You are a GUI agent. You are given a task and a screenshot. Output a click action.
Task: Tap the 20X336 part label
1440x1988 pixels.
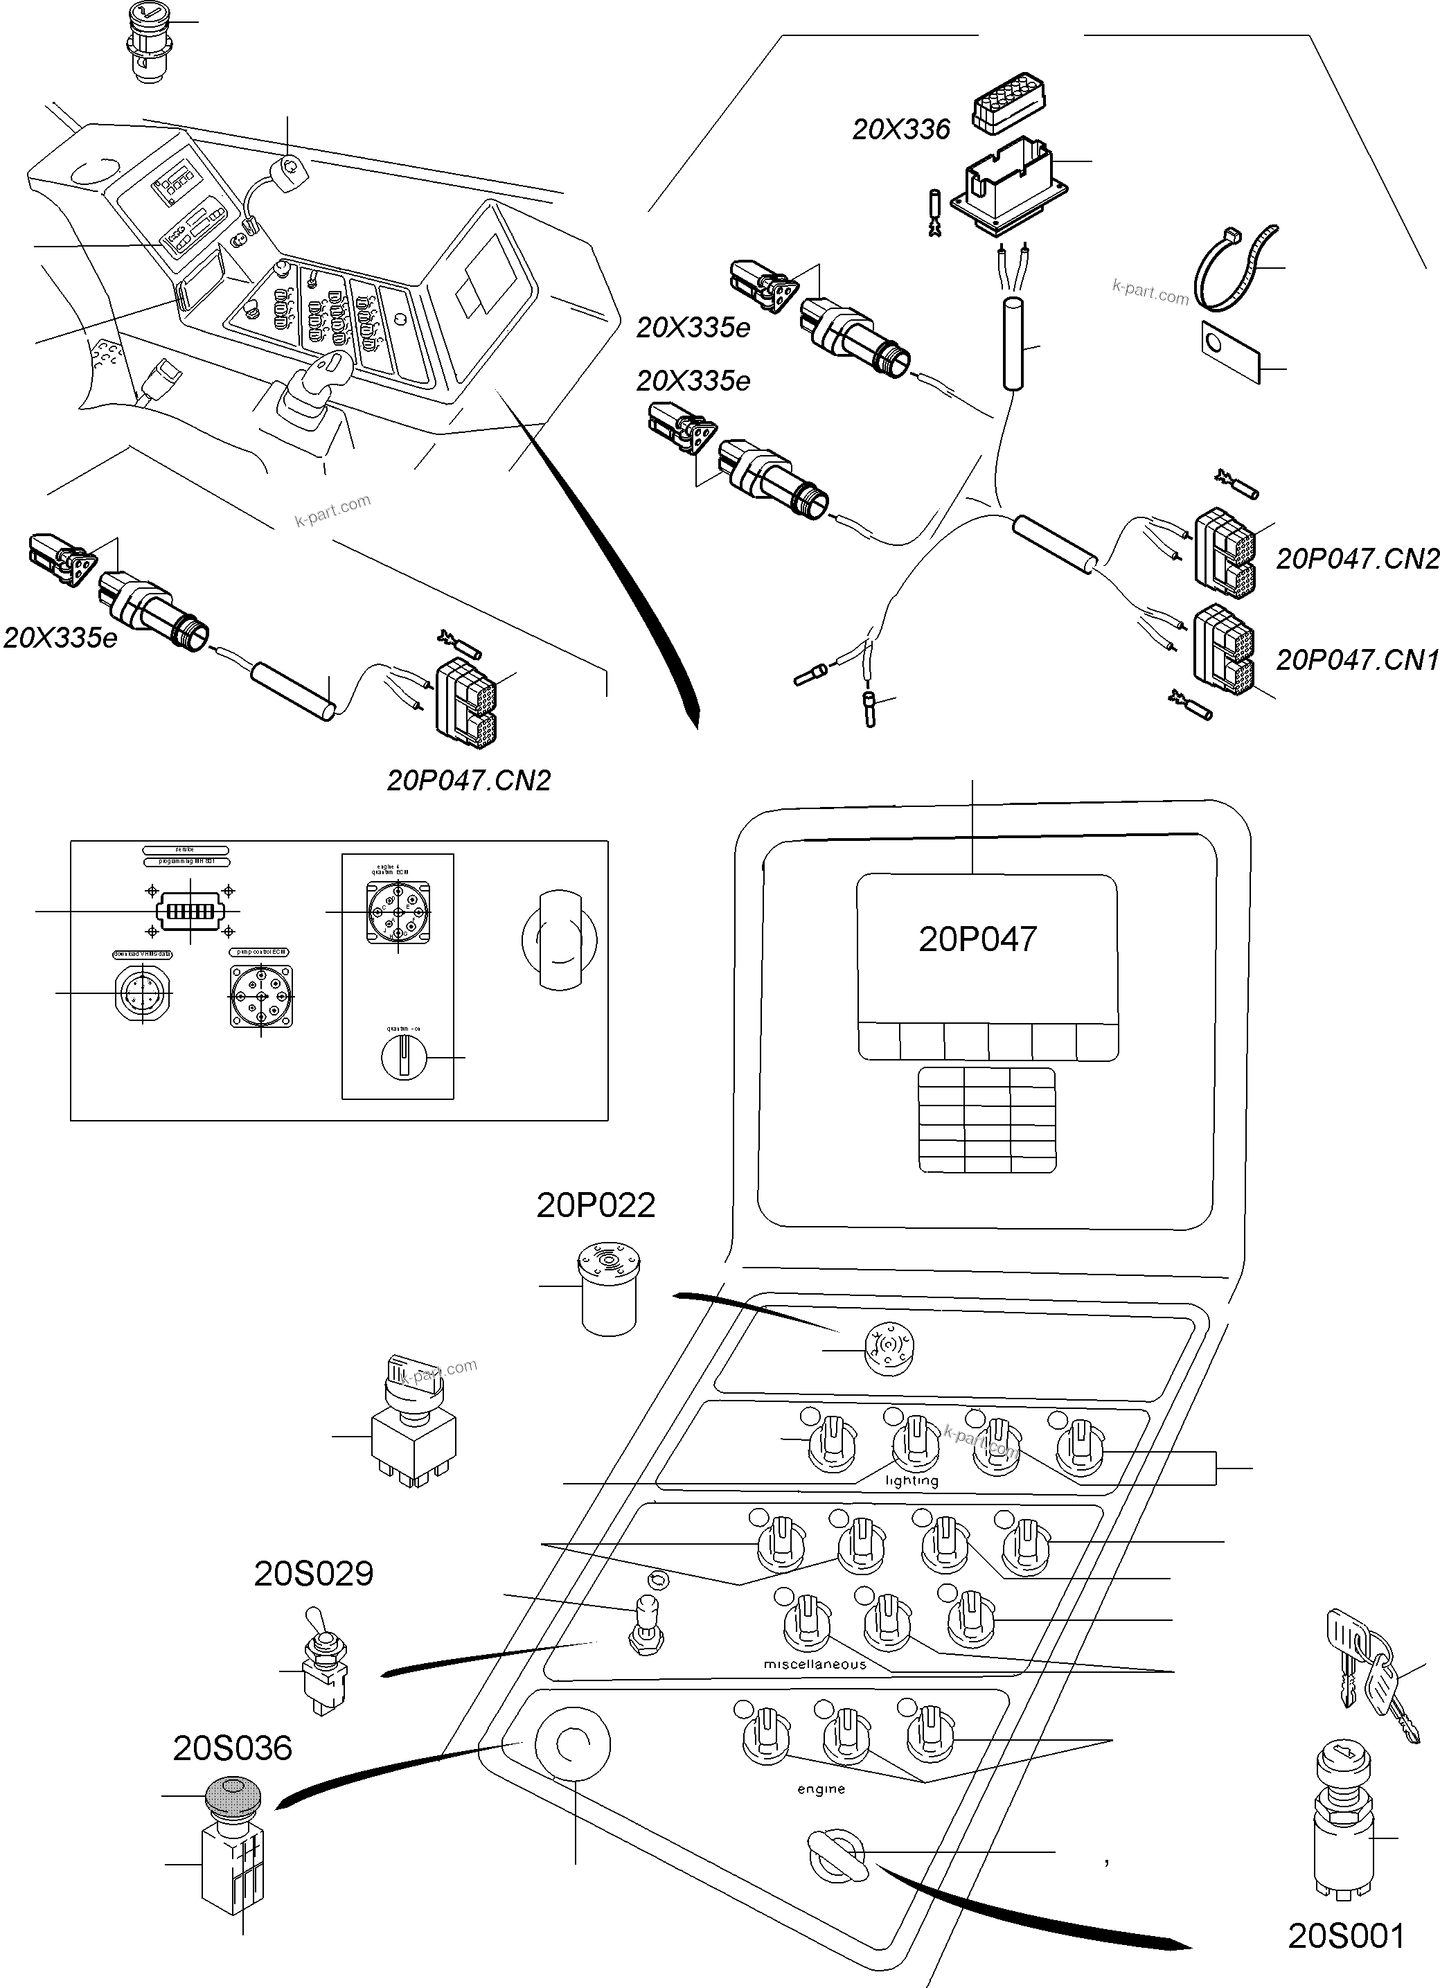[901, 130]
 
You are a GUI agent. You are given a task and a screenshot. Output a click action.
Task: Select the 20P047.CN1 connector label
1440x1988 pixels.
[1357, 660]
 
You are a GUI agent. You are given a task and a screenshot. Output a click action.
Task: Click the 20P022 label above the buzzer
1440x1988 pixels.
[596, 1205]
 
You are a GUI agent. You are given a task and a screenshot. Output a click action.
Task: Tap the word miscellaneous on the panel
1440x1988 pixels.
[815, 1664]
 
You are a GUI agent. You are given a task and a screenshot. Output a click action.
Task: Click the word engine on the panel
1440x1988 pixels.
[821, 1789]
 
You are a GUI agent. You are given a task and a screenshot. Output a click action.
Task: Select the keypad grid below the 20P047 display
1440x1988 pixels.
[987, 1119]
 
